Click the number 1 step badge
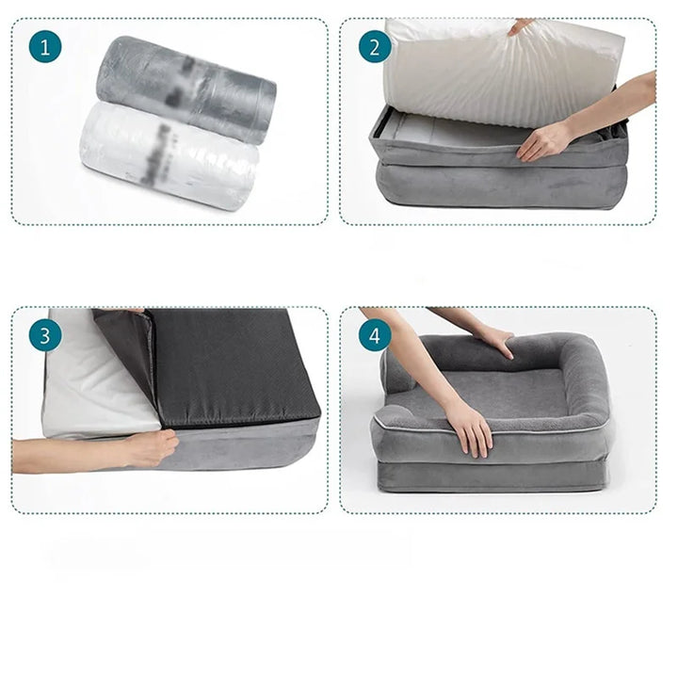pos(45,47)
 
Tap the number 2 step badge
pos(375,47)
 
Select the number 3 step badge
pos(45,335)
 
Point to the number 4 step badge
pos(375,335)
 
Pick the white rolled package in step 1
pos(169,155)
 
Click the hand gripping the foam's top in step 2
pos(521,27)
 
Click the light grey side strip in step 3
pos(245,444)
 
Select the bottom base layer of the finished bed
pos(490,476)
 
